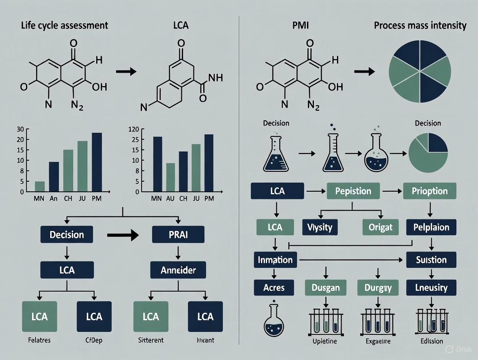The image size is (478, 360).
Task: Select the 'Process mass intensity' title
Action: (x=420, y=26)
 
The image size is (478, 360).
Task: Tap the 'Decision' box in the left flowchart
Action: (x=67, y=235)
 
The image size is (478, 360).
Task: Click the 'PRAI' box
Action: (x=178, y=235)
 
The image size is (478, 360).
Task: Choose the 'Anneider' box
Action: (x=178, y=270)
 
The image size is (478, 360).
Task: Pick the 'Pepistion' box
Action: (x=353, y=191)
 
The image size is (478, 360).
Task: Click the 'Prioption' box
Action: (x=430, y=191)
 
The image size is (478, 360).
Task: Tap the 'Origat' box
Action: (x=380, y=227)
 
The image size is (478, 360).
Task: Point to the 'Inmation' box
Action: (x=275, y=260)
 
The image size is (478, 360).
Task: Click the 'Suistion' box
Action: (x=431, y=260)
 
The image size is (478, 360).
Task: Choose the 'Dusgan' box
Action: (x=325, y=287)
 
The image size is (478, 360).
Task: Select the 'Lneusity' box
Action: (x=431, y=287)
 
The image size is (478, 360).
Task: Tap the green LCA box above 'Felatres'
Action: (x=39, y=316)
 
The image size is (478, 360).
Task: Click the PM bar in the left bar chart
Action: (x=97, y=162)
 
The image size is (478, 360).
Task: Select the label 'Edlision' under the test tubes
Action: (x=431, y=341)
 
